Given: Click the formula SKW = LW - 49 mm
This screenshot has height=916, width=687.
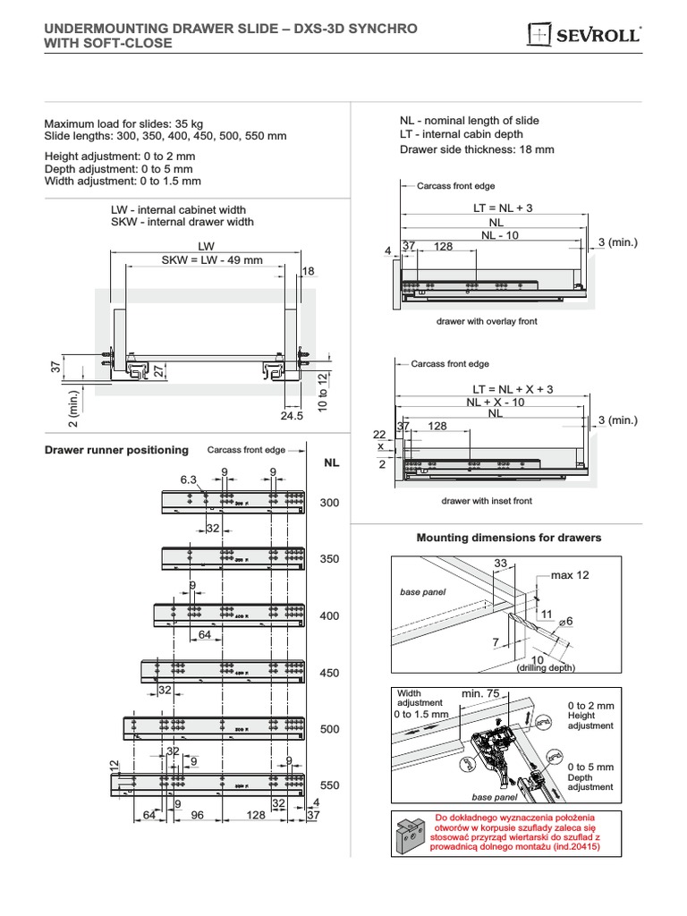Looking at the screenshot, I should (x=212, y=260).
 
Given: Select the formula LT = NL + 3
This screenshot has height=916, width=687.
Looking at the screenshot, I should (x=502, y=208).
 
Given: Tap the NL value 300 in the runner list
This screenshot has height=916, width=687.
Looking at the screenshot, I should (x=330, y=504).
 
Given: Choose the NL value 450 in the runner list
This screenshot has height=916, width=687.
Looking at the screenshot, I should (x=329, y=673).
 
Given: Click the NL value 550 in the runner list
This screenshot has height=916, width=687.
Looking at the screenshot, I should (x=329, y=785).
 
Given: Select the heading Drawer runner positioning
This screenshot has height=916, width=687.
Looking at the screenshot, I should (x=116, y=450).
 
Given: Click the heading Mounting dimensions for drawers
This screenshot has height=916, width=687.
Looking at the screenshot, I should (x=509, y=538).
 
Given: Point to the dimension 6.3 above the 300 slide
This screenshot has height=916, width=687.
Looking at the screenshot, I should (x=188, y=480).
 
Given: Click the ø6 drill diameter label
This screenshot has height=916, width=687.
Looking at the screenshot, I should (x=565, y=621).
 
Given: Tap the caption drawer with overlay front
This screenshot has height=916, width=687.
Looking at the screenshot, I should (x=487, y=321).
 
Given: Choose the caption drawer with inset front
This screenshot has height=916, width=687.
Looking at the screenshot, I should (x=487, y=501).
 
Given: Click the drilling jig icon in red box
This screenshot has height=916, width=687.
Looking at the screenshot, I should (x=411, y=835).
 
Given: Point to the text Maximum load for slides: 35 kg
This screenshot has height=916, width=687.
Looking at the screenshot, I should (x=123, y=123).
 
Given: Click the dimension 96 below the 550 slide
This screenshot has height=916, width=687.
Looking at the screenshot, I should (x=198, y=815).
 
